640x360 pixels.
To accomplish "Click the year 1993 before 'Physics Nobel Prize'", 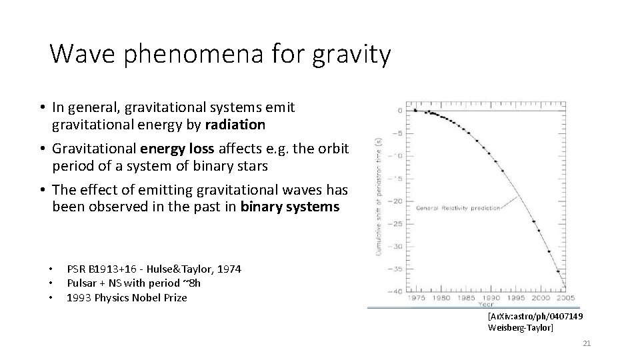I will click(x=78, y=297).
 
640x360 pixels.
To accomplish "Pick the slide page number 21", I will click(x=587, y=343).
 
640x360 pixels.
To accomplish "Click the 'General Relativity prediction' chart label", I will click(x=458, y=209).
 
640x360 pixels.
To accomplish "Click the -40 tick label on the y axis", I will click(x=397, y=291).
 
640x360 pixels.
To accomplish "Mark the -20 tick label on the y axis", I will click(x=397, y=201).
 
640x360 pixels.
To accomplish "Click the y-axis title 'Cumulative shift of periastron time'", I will click(x=379, y=200).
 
